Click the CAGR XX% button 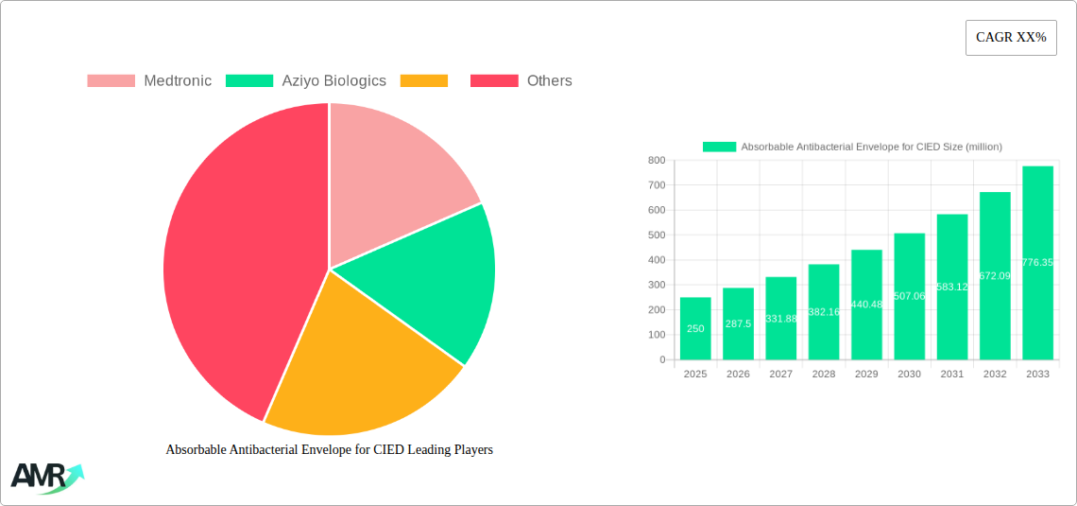tap(1011, 38)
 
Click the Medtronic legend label tap(177, 81)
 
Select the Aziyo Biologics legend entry tap(333, 81)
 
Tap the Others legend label tap(549, 81)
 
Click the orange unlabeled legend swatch tap(423, 81)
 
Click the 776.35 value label tap(1037, 262)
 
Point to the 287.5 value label tap(738, 323)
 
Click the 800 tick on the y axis tap(656, 161)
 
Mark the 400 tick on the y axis tap(656, 260)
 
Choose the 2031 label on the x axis tap(951, 375)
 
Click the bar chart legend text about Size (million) tap(871, 147)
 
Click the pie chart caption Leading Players tap(329, 450)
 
